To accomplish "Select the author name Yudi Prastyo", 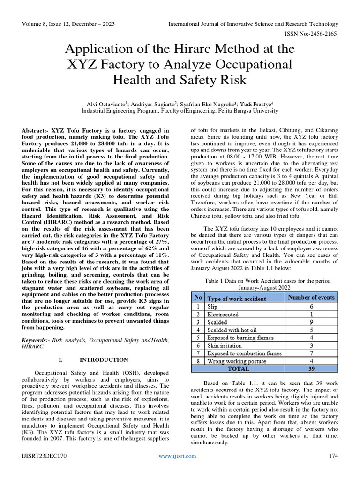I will pyautogui.click(x=258, y=104).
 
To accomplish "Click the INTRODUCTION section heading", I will pyautogui.click(x=104, y=360).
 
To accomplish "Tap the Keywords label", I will pyautogui.click(x=36, y=339).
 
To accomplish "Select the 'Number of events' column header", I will pyautogui.click(x=311, y=298).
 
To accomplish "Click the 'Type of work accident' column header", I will pyautogui.click(x=237, y=299).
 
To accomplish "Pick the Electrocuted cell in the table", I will pyautogui.click(x=223, y=315).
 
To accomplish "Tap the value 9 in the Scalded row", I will pyautogui.click(x=311, y=322).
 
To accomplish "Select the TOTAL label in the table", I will pyautogui.click(x=239, y=369).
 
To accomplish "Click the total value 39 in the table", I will pyautogui.click(x=311, y=369).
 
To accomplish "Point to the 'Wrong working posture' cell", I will pyautogui.click(x=237, y=361).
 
